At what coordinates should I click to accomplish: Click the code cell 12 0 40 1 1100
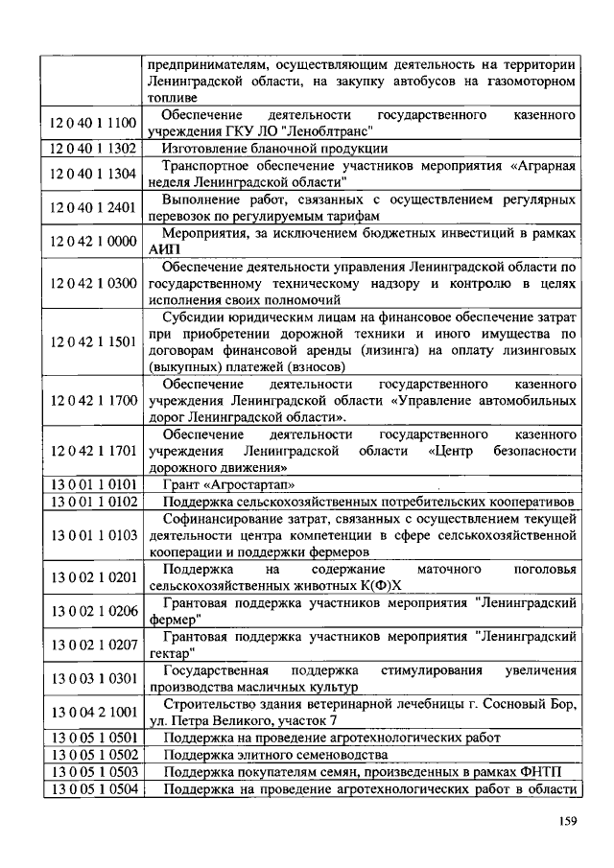click(93, 122)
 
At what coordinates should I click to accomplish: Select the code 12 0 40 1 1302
click(93, 148)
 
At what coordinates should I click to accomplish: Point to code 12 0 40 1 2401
click(93, 205)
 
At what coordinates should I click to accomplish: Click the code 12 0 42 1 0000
click(93, 241)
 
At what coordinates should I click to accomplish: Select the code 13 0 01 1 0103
click(93, 534)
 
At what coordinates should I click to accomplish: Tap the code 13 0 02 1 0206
click(93, 610)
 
